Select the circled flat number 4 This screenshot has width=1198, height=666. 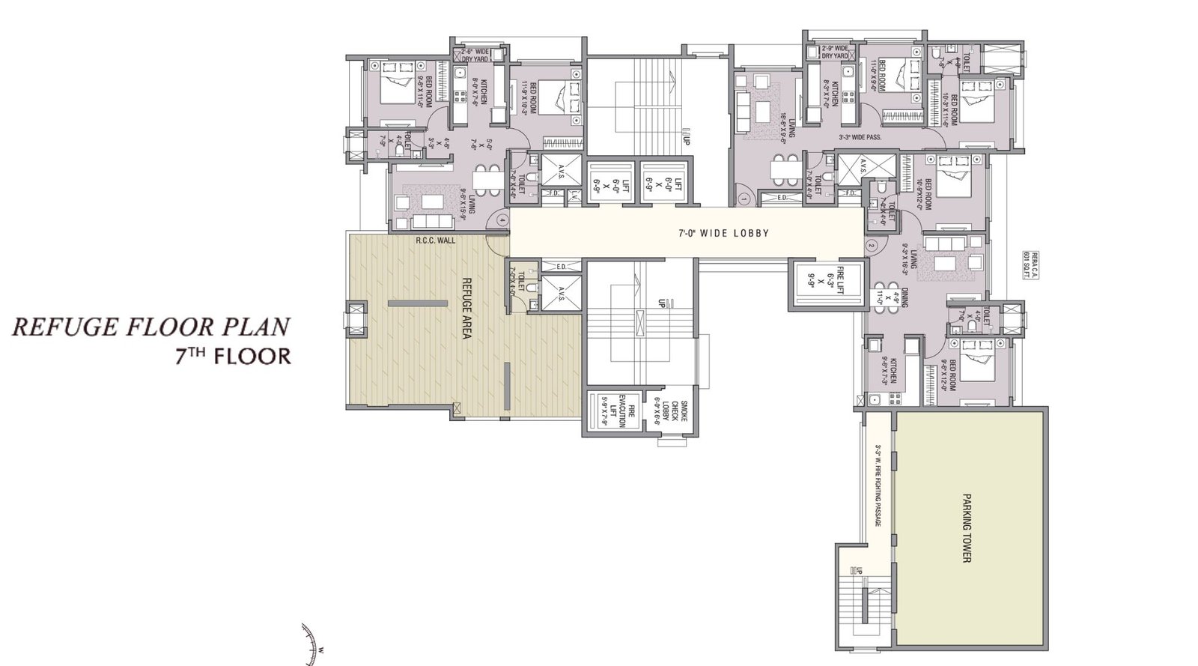(x=502, y=220)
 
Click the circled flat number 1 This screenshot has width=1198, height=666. (x=744, y=199)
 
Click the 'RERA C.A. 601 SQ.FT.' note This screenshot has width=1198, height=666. (x=1028, y=265)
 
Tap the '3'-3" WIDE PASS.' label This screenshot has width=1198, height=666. (x=859, y=138)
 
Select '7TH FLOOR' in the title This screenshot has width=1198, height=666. (x=232, y=355)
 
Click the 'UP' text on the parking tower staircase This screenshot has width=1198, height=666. (x=861, y=571)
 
